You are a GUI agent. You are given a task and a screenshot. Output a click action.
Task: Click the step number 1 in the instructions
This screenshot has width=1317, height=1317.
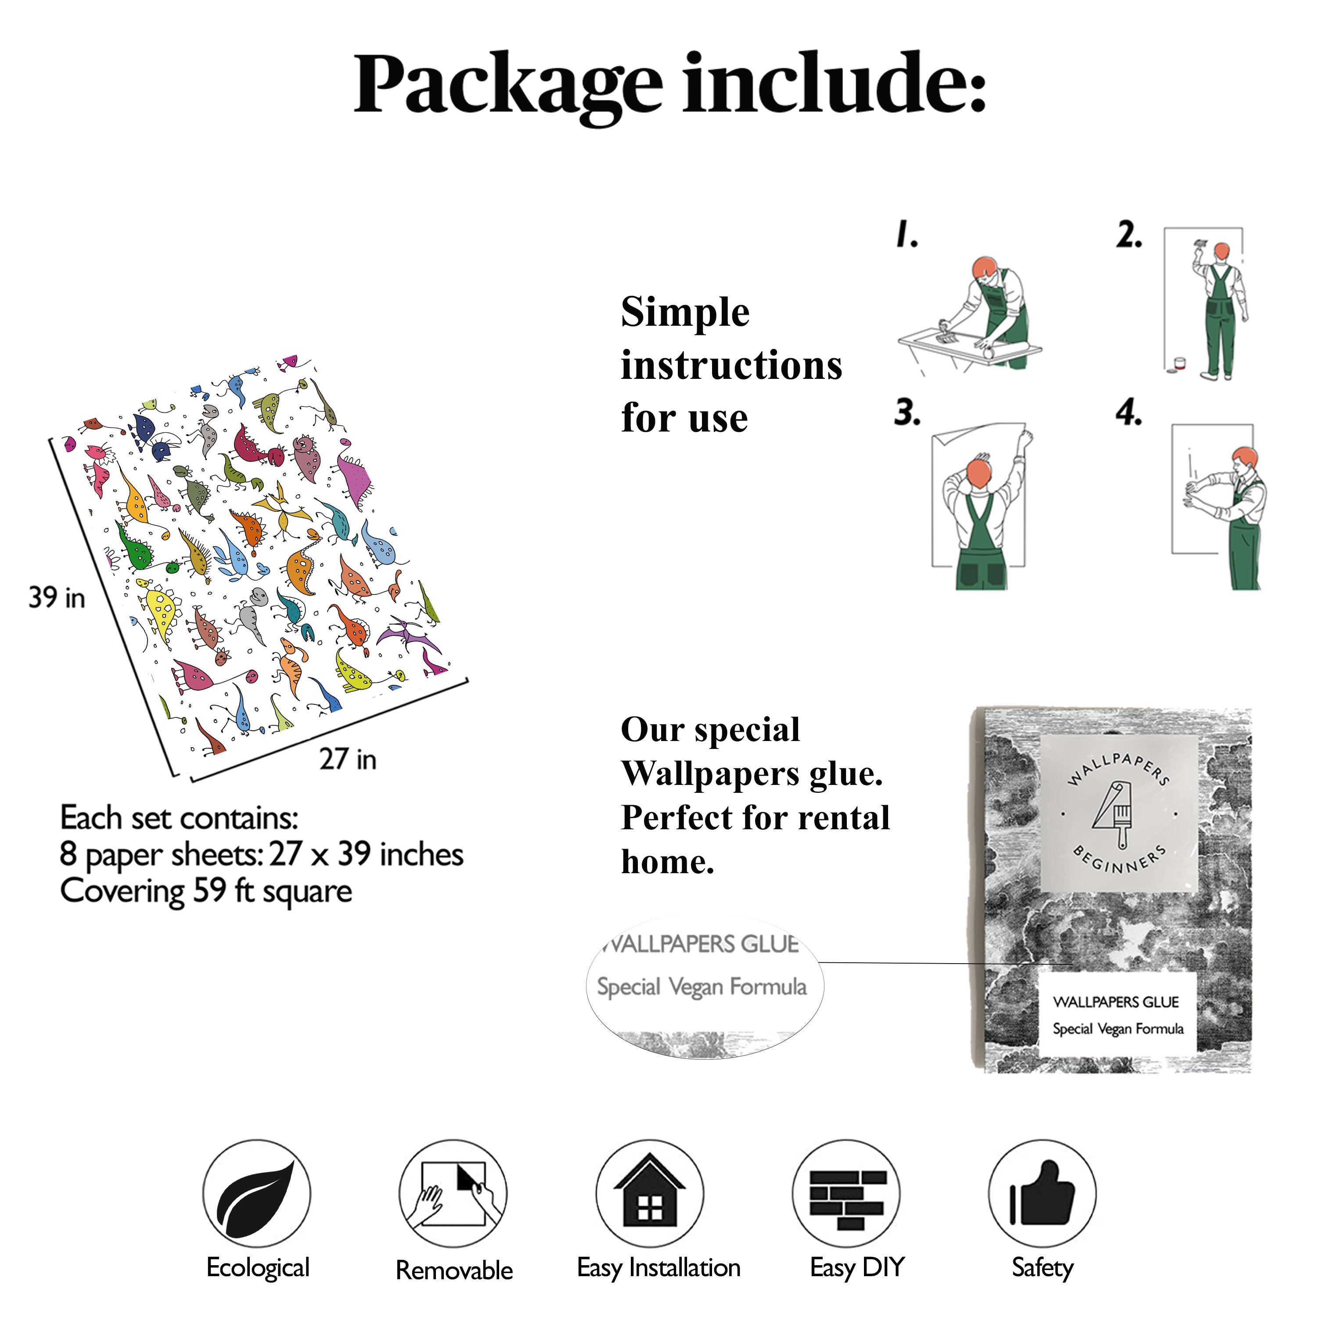907,234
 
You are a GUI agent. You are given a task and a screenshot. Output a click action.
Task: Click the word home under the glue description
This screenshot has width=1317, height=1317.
667,862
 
